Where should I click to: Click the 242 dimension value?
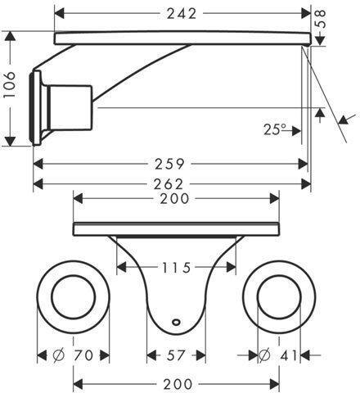182,14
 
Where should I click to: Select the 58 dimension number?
321,19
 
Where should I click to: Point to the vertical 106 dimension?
9,84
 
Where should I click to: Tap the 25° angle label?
275,129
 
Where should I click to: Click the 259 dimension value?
169,164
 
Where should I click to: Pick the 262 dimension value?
169,184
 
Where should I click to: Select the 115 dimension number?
176,268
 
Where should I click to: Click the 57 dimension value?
176,355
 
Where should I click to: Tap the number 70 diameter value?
83,355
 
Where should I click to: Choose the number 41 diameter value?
289,355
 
